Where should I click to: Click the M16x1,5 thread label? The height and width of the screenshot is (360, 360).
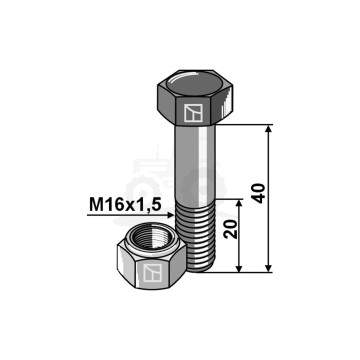point(125,205)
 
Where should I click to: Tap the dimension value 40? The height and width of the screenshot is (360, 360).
point(259,193)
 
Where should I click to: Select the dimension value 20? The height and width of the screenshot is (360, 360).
point(231,229)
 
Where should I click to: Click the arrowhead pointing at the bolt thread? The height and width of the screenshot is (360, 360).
point(170,215)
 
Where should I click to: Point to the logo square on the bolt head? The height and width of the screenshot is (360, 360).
point(193,113)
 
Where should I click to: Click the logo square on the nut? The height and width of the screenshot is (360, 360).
point(152,272)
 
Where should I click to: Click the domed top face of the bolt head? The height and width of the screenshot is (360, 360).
point(194,83)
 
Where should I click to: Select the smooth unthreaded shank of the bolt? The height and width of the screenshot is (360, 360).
point(195,164)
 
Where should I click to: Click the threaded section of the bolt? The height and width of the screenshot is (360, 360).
point(197,237)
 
